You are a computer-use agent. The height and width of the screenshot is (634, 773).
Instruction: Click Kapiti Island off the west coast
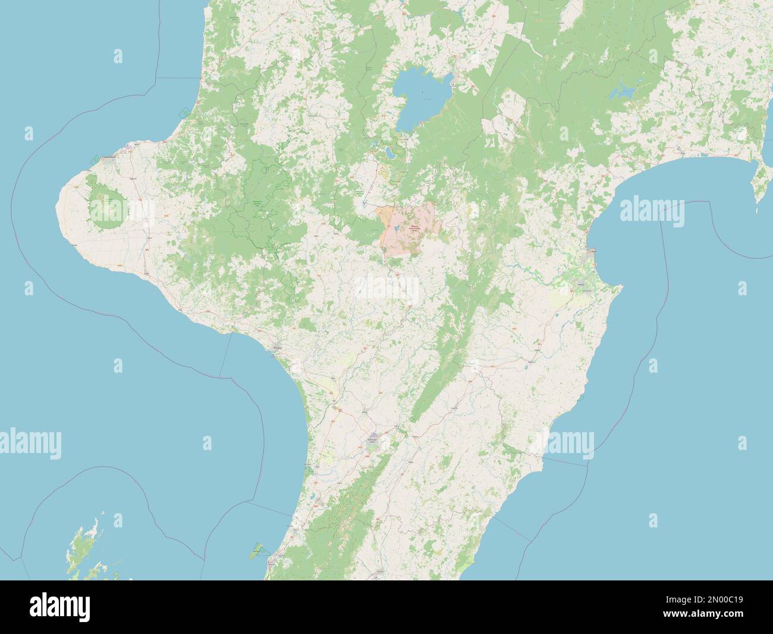(x=257, y=548)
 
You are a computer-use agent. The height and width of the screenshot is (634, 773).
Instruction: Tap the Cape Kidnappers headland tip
(x=621, y=288)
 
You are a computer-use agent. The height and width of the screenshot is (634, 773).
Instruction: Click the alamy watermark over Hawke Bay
(x=652, y=212)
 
